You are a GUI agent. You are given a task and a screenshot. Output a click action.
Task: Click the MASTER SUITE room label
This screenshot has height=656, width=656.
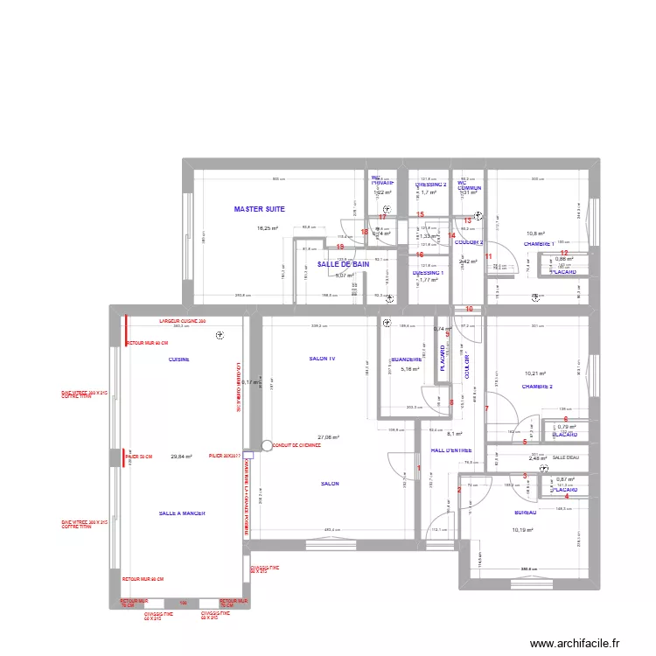260,209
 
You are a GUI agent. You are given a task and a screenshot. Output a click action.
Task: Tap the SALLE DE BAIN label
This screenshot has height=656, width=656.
342,263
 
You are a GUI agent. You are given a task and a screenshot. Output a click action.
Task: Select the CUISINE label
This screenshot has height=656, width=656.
179,359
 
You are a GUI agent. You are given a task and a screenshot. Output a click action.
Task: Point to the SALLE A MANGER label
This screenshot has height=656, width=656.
182,513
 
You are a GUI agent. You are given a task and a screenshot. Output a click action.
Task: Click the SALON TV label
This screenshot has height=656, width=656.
322,359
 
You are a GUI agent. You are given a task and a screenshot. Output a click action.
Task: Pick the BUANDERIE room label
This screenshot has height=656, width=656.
407,359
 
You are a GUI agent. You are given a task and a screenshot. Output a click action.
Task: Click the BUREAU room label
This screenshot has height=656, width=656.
526,513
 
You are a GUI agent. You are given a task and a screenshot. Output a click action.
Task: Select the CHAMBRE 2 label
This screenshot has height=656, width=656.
537,386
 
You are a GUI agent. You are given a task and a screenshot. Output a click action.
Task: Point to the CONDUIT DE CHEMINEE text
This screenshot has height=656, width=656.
297,445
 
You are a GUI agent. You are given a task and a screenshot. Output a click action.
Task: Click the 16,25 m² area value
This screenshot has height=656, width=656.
267,229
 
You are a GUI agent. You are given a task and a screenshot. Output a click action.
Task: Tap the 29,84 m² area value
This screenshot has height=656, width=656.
181,456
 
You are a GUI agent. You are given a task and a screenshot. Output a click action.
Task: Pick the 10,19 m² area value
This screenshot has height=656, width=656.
522,530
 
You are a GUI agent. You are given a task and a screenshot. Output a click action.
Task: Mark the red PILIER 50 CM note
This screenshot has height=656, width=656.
139,457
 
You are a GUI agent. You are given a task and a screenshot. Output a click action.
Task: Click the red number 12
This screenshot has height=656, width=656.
564,254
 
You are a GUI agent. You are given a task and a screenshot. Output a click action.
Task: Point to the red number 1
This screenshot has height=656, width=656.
419,469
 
